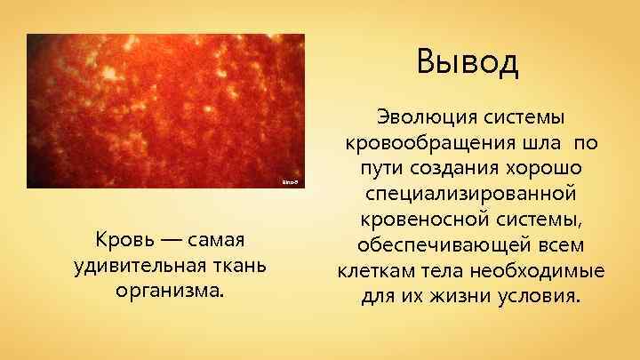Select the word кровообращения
[426, 143]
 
